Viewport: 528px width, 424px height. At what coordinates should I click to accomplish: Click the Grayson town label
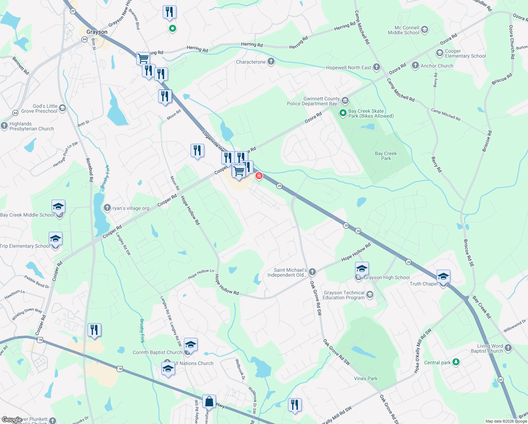click(x=97, y=32)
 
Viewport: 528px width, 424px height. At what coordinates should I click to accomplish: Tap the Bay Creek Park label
click(x=386, y=156)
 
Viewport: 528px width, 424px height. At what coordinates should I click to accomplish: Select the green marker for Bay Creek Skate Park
click(x=342, y=113)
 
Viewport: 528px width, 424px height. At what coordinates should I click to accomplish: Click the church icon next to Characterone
click(x=271, y=62)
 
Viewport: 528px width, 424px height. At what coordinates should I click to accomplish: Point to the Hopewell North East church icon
click(x=377, y=67)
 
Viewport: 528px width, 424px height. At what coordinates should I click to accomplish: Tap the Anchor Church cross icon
click(x=415, y=65)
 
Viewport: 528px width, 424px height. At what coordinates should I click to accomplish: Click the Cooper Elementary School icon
click(x=439, y=53)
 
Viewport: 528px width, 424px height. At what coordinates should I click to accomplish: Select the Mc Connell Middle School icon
click(x=425, y=30)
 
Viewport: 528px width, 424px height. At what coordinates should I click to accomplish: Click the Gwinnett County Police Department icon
click(x=345, y=101)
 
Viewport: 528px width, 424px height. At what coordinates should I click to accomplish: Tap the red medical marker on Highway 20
click(x=259, y=176)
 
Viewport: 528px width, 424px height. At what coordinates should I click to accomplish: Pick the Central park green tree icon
click(x=456, y=362)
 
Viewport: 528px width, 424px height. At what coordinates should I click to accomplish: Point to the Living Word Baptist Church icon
click(x=508, y=348)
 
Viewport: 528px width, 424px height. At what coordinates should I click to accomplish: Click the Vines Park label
click(x=366, y=378)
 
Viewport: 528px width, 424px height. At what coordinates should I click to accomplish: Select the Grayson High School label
click(x=386, y=277)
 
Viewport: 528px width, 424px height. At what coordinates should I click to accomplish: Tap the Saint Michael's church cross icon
click(x=312, y=272)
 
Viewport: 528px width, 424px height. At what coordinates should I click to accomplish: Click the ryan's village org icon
click(x=107, y=208)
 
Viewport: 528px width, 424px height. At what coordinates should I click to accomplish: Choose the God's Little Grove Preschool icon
click(x=62, y=108)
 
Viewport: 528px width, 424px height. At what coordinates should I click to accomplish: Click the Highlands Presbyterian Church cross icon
click(x=4, y=126)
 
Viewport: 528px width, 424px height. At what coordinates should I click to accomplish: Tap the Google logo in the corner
click(x=12, y=420)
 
